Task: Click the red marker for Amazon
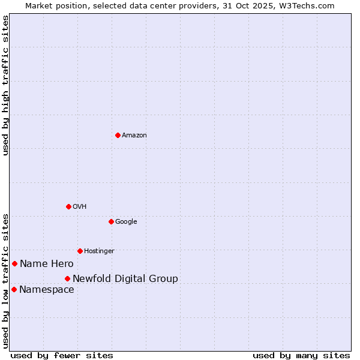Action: click(118, 135)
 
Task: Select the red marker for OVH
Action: click(68, 206)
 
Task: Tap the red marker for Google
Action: click(111, 221)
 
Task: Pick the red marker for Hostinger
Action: click(80, 251)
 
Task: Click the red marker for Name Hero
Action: click(14, 263)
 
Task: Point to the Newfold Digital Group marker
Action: click(67, 278)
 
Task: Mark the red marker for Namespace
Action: click(14, 289)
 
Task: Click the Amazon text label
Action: click(134, 136)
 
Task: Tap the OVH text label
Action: click(80, 207)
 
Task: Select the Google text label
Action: click(126, 222)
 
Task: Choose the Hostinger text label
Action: click(99, 251)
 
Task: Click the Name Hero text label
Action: click(47, 264)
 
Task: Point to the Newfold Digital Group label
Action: click(125, 279)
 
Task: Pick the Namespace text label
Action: click(47, 290)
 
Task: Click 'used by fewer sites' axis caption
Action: click(62, 355)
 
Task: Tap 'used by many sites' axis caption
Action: click(301, 355)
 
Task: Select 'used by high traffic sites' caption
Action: click(6, 85)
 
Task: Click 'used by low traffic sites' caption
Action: click(6, 280)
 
